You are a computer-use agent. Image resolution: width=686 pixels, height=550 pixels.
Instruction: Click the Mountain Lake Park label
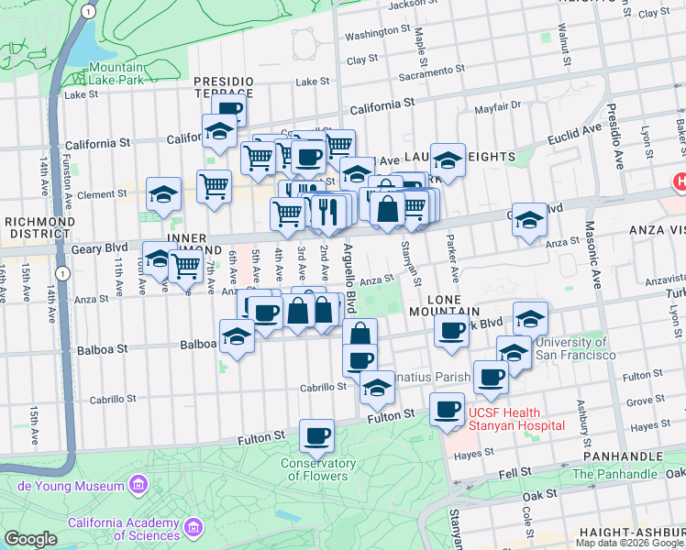[x=116, y=73]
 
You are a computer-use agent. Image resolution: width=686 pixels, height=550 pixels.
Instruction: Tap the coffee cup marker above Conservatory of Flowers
[x=317, y=436]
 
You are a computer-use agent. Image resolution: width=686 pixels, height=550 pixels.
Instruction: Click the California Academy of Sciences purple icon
[x=194, y=528]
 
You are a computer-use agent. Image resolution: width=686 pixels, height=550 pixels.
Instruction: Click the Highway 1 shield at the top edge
[x=86, y=10]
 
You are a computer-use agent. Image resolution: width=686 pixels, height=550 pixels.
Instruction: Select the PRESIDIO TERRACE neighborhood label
[x=223, y=87]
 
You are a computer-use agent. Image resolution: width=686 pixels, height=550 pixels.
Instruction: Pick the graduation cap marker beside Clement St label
[x=163, y=194]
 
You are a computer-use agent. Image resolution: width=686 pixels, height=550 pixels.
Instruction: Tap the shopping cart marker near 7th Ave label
[x=186, y=266]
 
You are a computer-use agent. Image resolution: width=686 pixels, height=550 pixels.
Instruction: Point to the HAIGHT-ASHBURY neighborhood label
[x=632, y=533]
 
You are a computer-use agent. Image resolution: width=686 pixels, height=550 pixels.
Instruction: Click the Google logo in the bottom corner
[x=30, y=539]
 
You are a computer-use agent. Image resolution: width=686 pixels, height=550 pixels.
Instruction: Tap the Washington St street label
[x=371, y=33]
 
